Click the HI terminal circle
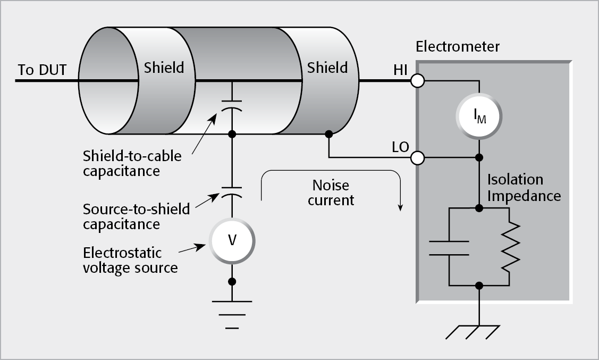[x=417, y=81]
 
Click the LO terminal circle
[x=417, y=158]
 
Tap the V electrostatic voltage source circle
[x=232, y=240]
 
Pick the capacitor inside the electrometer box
[x=449, y=247]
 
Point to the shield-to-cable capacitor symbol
[x=232, y=104]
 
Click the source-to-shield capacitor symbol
[x=232, y=191]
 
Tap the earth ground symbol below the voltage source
[x=232, y=314]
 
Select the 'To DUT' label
[x=42, y=70]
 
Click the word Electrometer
[x=457, y=47]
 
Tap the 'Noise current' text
[x=330, y=192]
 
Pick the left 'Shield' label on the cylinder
[x=164, y=68]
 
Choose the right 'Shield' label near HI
[x=327, y=68]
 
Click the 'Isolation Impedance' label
[x=524, y=188]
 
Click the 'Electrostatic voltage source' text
[x=130, y=259]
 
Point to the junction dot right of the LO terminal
[x=479, y=158]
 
